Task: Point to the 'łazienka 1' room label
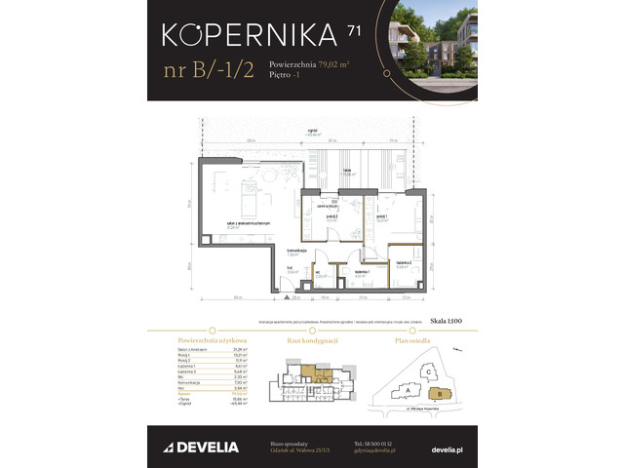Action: [x=359, y=274]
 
